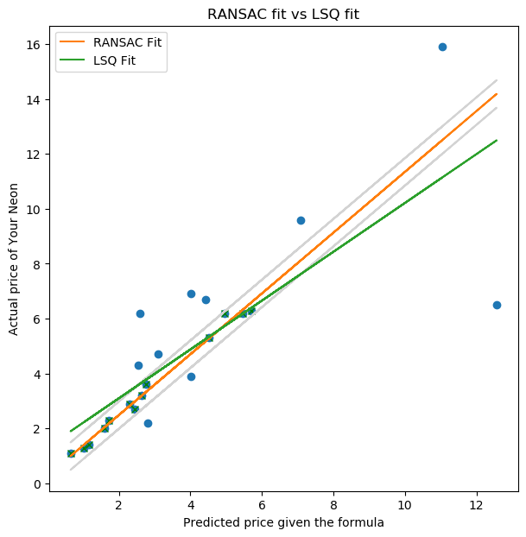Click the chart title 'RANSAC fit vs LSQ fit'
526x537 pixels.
pos(283,14)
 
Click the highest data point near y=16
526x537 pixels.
pos(442,47)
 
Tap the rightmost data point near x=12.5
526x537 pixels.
pos(497,305)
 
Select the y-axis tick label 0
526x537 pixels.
pos(35,483)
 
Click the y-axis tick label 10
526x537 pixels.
pos(31,210)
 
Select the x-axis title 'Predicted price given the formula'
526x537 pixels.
pos(283,522)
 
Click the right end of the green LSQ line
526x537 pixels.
pos(496,140)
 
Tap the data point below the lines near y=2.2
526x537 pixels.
pos(148,423)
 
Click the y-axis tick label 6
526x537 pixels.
pos(35,319)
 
